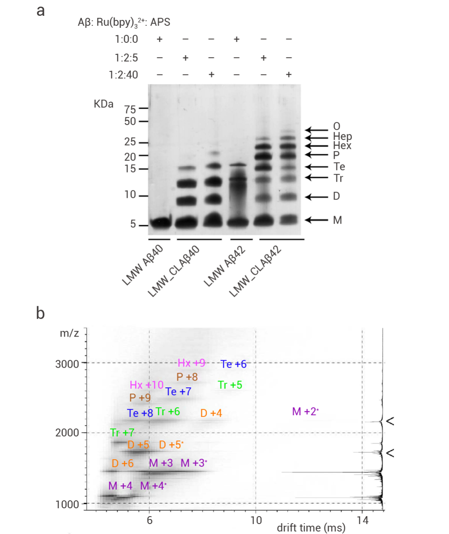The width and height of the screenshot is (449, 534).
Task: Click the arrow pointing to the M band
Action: [316, 219]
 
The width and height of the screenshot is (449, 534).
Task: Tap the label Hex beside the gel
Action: [342, 145]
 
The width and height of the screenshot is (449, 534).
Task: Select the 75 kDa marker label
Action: [130, 109]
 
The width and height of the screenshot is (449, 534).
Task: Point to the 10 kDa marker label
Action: [130, 194]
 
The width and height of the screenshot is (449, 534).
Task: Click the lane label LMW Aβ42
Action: [224, 266]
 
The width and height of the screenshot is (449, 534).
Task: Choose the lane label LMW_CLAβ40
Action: [174, 271]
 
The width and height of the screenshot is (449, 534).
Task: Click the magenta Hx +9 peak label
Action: [191, 363]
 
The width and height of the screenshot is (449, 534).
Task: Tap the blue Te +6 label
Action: [234, 364]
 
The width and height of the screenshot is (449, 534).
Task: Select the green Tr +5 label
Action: [230, 385]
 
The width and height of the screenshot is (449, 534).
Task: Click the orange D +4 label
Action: [211, 413]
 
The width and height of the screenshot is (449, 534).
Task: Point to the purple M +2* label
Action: [305, 411]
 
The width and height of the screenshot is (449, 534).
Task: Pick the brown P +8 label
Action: [187, 377]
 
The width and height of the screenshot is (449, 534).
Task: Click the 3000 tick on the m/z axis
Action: [67, 364]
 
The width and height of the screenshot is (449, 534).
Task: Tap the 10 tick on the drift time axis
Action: [256, 520]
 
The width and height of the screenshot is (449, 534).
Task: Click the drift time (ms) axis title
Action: [311, 528]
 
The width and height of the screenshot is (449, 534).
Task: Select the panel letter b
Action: [40, 313]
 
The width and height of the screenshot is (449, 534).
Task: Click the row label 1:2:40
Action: [123, 75]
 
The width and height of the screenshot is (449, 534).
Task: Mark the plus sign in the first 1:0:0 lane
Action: [159, 39]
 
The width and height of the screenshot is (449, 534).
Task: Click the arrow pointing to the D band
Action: [316, 196]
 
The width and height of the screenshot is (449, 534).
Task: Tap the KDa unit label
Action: [104, 104]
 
